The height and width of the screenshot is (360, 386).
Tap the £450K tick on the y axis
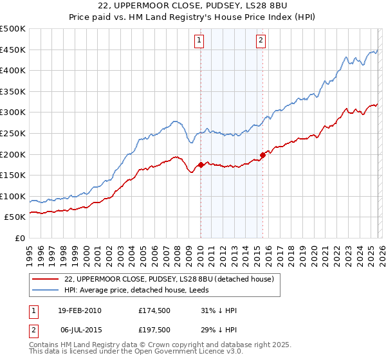click(13, 50)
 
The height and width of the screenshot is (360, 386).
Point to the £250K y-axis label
click(13, 133)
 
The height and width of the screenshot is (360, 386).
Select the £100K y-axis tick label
click(13, 196)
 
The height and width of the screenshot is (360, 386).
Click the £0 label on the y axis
click(19, 238)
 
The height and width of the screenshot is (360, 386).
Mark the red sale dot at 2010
click(201, 165)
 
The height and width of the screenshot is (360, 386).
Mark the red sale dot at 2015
click(262, 155)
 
